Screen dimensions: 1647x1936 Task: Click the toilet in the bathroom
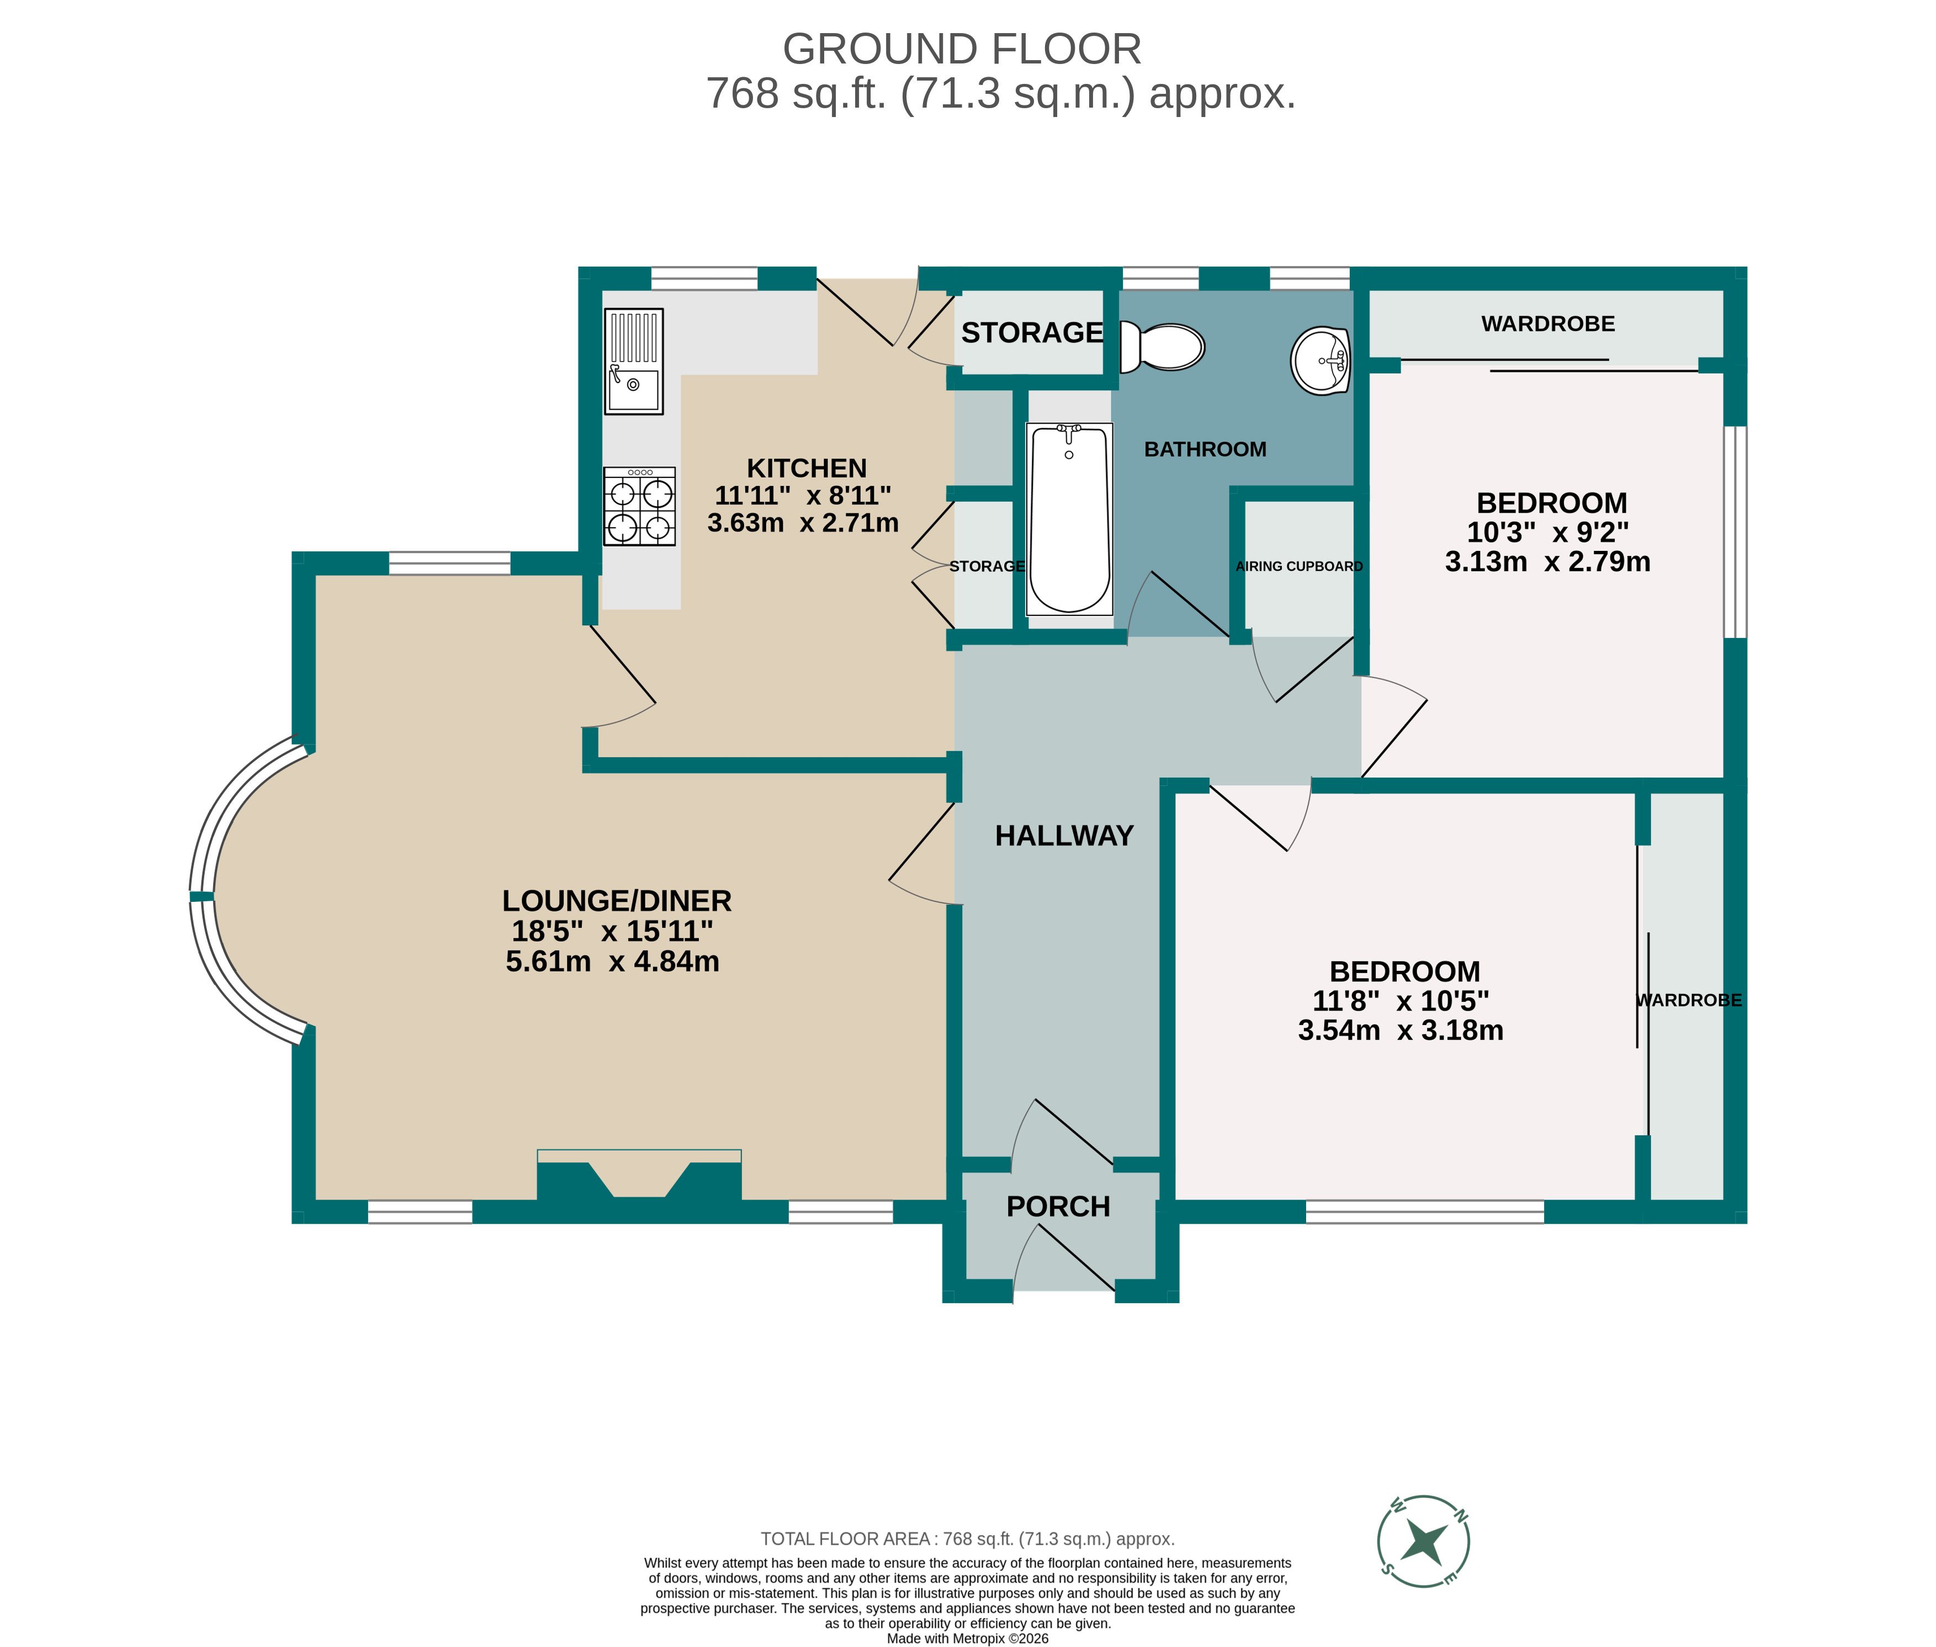pos(1162,347)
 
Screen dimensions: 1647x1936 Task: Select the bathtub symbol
pos(1069,519)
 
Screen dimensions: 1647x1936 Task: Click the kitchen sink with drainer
pos(634,362)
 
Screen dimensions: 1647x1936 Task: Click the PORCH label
pos(1058,1207)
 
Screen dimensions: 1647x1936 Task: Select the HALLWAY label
pos(1064,836)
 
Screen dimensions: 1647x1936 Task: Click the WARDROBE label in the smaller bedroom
pos(1547,324)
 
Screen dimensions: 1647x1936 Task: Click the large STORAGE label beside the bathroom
pos(1032,332)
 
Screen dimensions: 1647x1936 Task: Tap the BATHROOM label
pos(1205,449)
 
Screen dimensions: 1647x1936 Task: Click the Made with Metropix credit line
pos(968,1638)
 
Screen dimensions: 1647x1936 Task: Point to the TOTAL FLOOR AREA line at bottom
pos(968,1539)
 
